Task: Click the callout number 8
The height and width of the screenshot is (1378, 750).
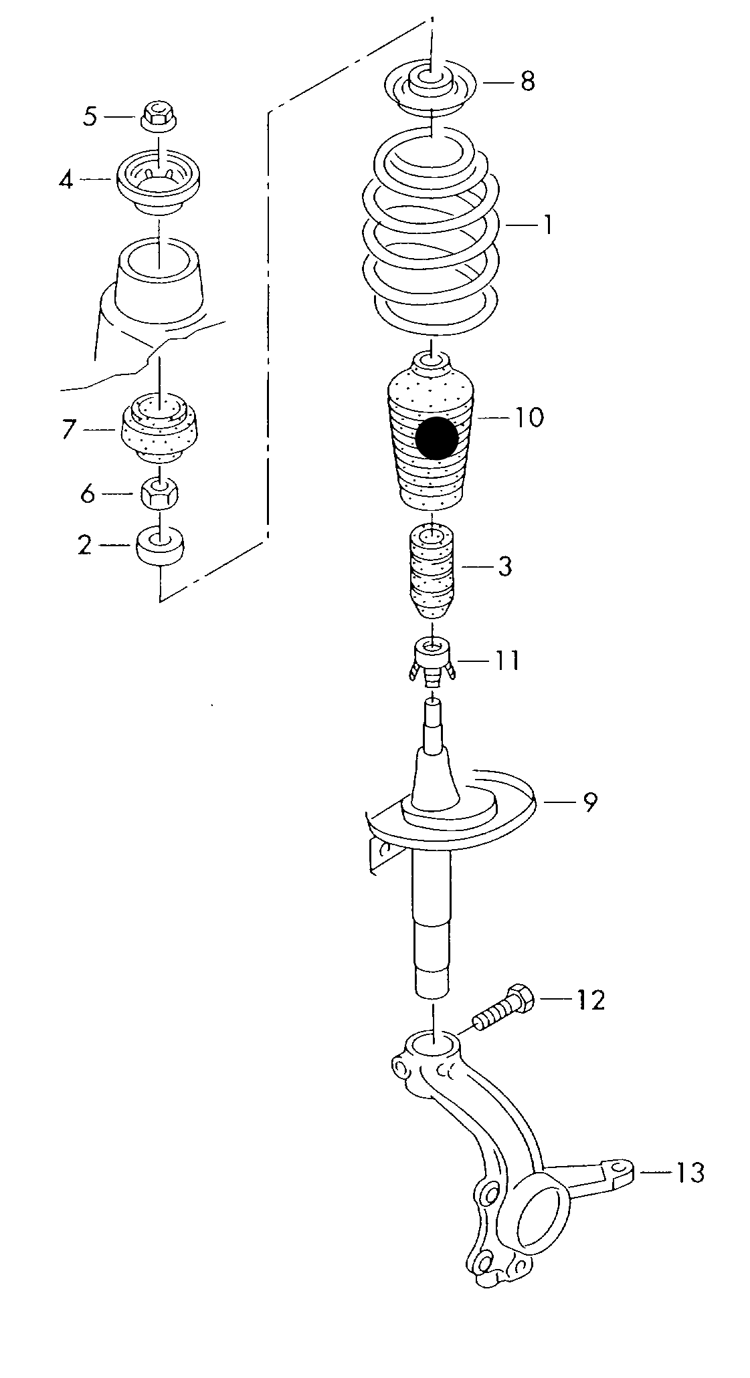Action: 528,82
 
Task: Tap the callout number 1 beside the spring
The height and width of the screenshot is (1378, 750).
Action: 547,225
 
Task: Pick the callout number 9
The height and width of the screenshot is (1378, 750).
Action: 589,802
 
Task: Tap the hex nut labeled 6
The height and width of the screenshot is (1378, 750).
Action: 159,495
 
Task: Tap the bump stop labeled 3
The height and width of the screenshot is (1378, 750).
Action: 432,574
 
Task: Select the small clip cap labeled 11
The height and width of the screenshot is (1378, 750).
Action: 432,661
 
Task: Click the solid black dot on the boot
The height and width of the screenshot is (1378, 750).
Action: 436,438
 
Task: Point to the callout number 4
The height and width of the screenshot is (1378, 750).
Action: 66,180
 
